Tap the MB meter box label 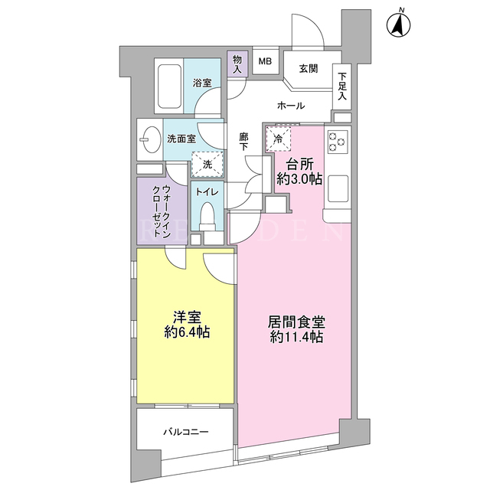pos(265,61)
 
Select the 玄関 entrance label pos(309,69)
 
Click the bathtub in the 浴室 pos(169,86)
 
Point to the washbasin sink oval pos(150,139)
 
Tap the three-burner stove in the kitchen pos(338,142)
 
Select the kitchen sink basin pos(338,188)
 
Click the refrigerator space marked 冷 pos(278,139)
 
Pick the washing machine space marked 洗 pos(207,165)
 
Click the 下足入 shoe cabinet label pos(342,87)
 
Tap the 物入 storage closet pos(237,64)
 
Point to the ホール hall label pos(291,106)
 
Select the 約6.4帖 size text pos(187,332)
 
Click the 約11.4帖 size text pos(296,337)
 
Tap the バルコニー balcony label pos(185,432)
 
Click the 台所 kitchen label pos(299,164)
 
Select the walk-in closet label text pos(162,211)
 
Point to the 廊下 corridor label pos(243,142)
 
